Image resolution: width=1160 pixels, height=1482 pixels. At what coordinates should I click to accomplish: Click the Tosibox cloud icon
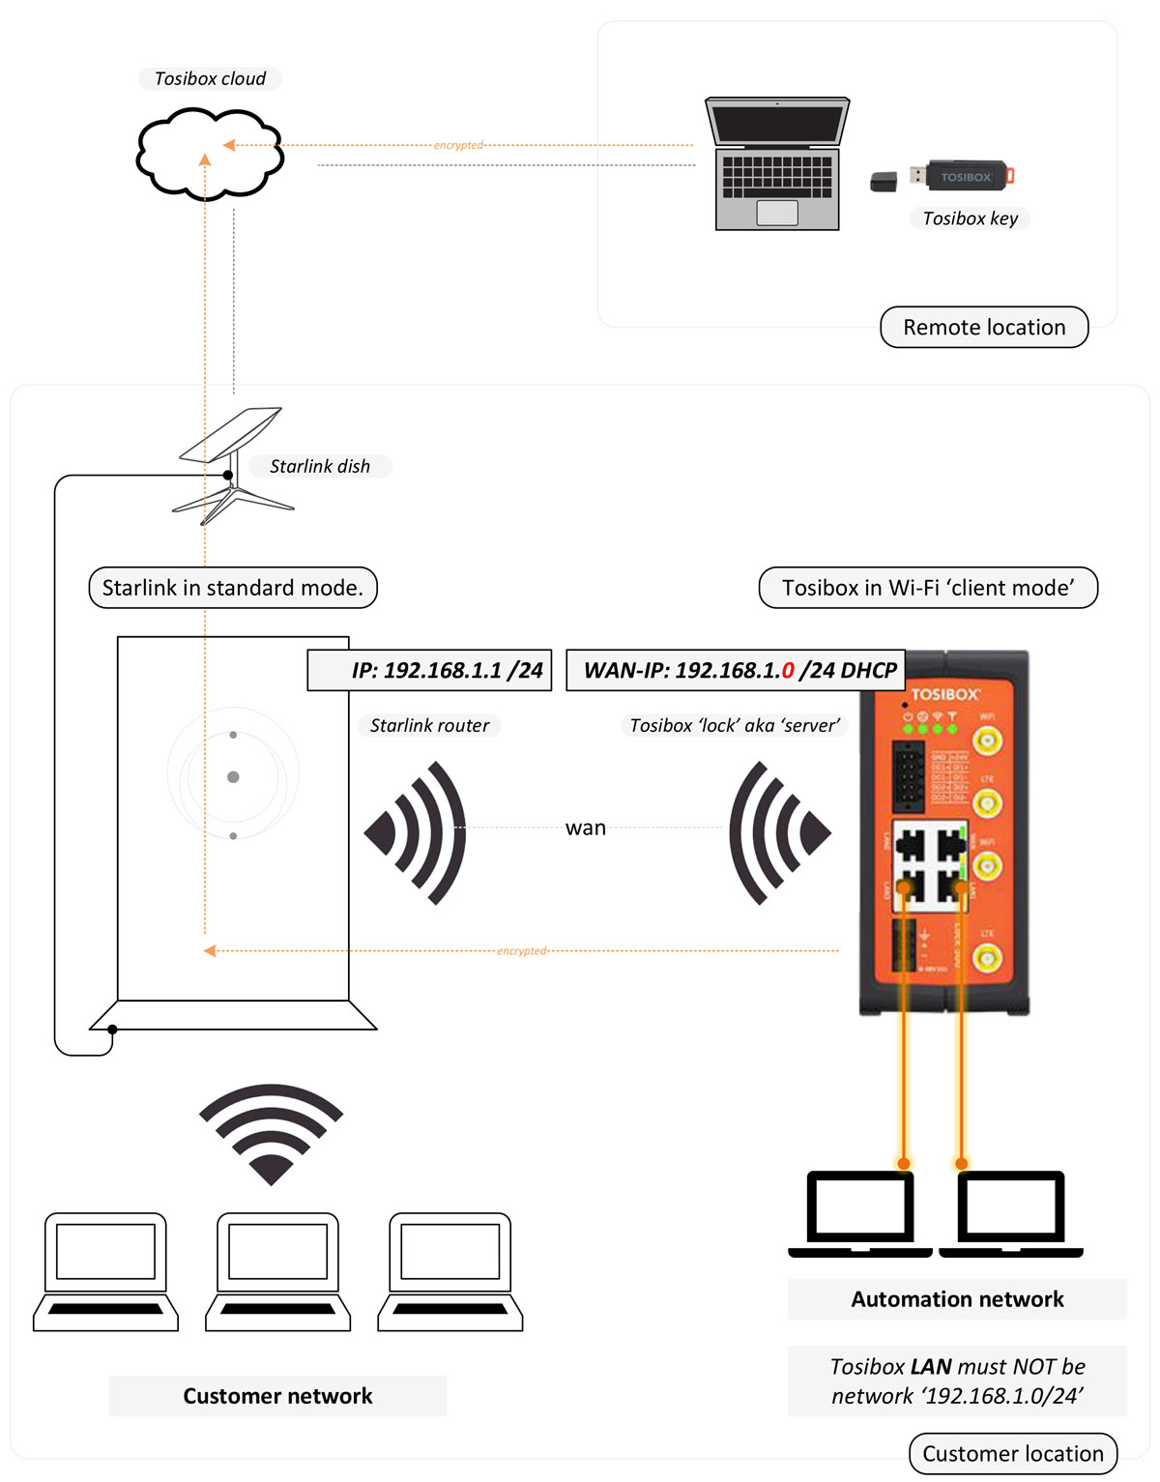click(210, 155)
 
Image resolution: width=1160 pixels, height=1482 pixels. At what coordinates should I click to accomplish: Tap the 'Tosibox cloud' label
click(210, 78)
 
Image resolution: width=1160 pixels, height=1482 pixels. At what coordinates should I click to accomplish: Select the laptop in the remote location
click(777, 164)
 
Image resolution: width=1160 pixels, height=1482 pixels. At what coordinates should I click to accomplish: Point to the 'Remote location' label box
click(984, 328)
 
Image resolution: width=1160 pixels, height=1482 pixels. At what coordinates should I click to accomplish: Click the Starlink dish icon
click(232, 464)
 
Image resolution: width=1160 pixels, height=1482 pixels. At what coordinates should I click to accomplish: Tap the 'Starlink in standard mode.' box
click(233, 588)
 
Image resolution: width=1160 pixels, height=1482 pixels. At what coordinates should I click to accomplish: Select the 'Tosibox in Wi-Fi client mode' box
click(928, 588)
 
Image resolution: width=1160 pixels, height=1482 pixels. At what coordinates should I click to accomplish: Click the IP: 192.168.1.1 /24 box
click(429, 670)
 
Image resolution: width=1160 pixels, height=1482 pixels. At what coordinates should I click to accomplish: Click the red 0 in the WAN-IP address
click(788, 670)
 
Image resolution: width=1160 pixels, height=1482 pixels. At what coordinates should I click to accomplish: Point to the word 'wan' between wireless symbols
click(586, 828)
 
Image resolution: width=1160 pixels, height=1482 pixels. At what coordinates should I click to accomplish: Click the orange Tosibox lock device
click(943, 831)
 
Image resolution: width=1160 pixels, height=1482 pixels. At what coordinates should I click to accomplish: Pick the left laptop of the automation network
click(860, 1214)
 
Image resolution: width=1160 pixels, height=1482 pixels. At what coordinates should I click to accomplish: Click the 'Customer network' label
click(277, 1396)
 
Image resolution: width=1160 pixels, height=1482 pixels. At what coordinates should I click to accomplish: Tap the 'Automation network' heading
click(957, 1299)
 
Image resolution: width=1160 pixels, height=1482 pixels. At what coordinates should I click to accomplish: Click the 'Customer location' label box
click(1012, 1454)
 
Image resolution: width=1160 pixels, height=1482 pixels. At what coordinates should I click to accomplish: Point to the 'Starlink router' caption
click(429, 725)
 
